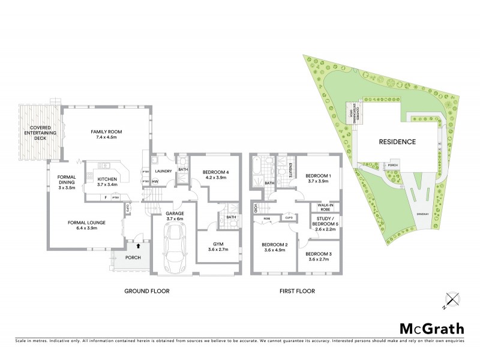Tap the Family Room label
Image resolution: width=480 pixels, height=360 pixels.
click(x=106, y=134)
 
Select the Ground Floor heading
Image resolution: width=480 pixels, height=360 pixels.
click(x=146, y=291)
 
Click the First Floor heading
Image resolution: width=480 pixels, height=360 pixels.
click(x=296, y=291)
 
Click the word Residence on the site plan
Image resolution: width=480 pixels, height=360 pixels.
click(x=397, y=142)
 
